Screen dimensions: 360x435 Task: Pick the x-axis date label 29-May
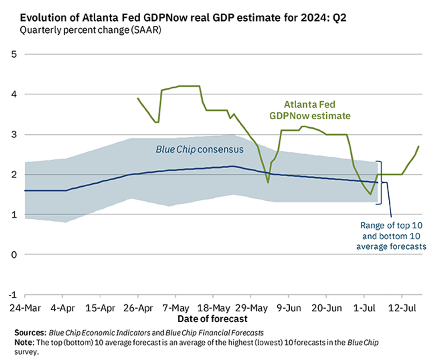(x=251, y=307)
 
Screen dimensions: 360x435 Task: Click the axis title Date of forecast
(x=212, y=318)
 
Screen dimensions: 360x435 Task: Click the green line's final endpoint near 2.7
(x=419, y=146)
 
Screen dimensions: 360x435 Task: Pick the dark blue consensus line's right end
(x=377, y=182)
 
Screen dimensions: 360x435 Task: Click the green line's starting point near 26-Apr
(x=138, y=98)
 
